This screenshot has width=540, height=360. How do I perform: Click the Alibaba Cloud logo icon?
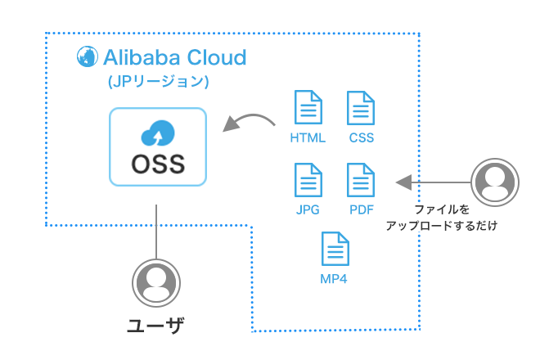tap(85, 56)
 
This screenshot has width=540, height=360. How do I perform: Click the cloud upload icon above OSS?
tap(158, 130)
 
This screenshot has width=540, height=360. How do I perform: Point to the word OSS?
tap(158, 164)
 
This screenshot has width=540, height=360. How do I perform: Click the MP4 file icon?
tap(335, 249)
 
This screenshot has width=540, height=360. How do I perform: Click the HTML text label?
tap(307, 137)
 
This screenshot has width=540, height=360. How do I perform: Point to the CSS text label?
tap(360, 137)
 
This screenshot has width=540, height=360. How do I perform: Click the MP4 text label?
tap(335, 280)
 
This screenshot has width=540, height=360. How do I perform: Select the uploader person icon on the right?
tap(493, 181)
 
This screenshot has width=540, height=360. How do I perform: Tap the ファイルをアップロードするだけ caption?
tap(442, 217)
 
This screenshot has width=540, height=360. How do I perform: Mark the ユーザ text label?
tap(155, 326)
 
